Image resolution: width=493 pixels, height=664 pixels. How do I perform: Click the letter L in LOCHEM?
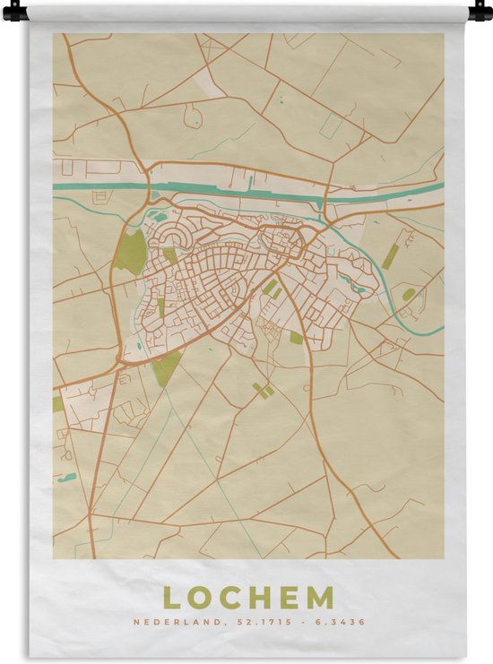[x=170, y=599]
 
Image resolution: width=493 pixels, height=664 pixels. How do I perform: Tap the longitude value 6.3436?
[x=341, y=622]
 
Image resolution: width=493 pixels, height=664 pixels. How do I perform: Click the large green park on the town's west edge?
[x=130, y=252]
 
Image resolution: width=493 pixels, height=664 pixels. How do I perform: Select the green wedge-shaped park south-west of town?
[x=166, y=366]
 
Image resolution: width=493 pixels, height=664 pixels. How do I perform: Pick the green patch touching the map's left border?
[x=57, y=404]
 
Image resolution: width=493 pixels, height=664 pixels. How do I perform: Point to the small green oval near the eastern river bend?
[x=409, y=294]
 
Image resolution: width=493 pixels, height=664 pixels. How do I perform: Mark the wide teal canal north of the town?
[x=233, y=191]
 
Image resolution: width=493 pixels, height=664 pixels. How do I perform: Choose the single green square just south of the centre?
[x=296, y=338]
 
